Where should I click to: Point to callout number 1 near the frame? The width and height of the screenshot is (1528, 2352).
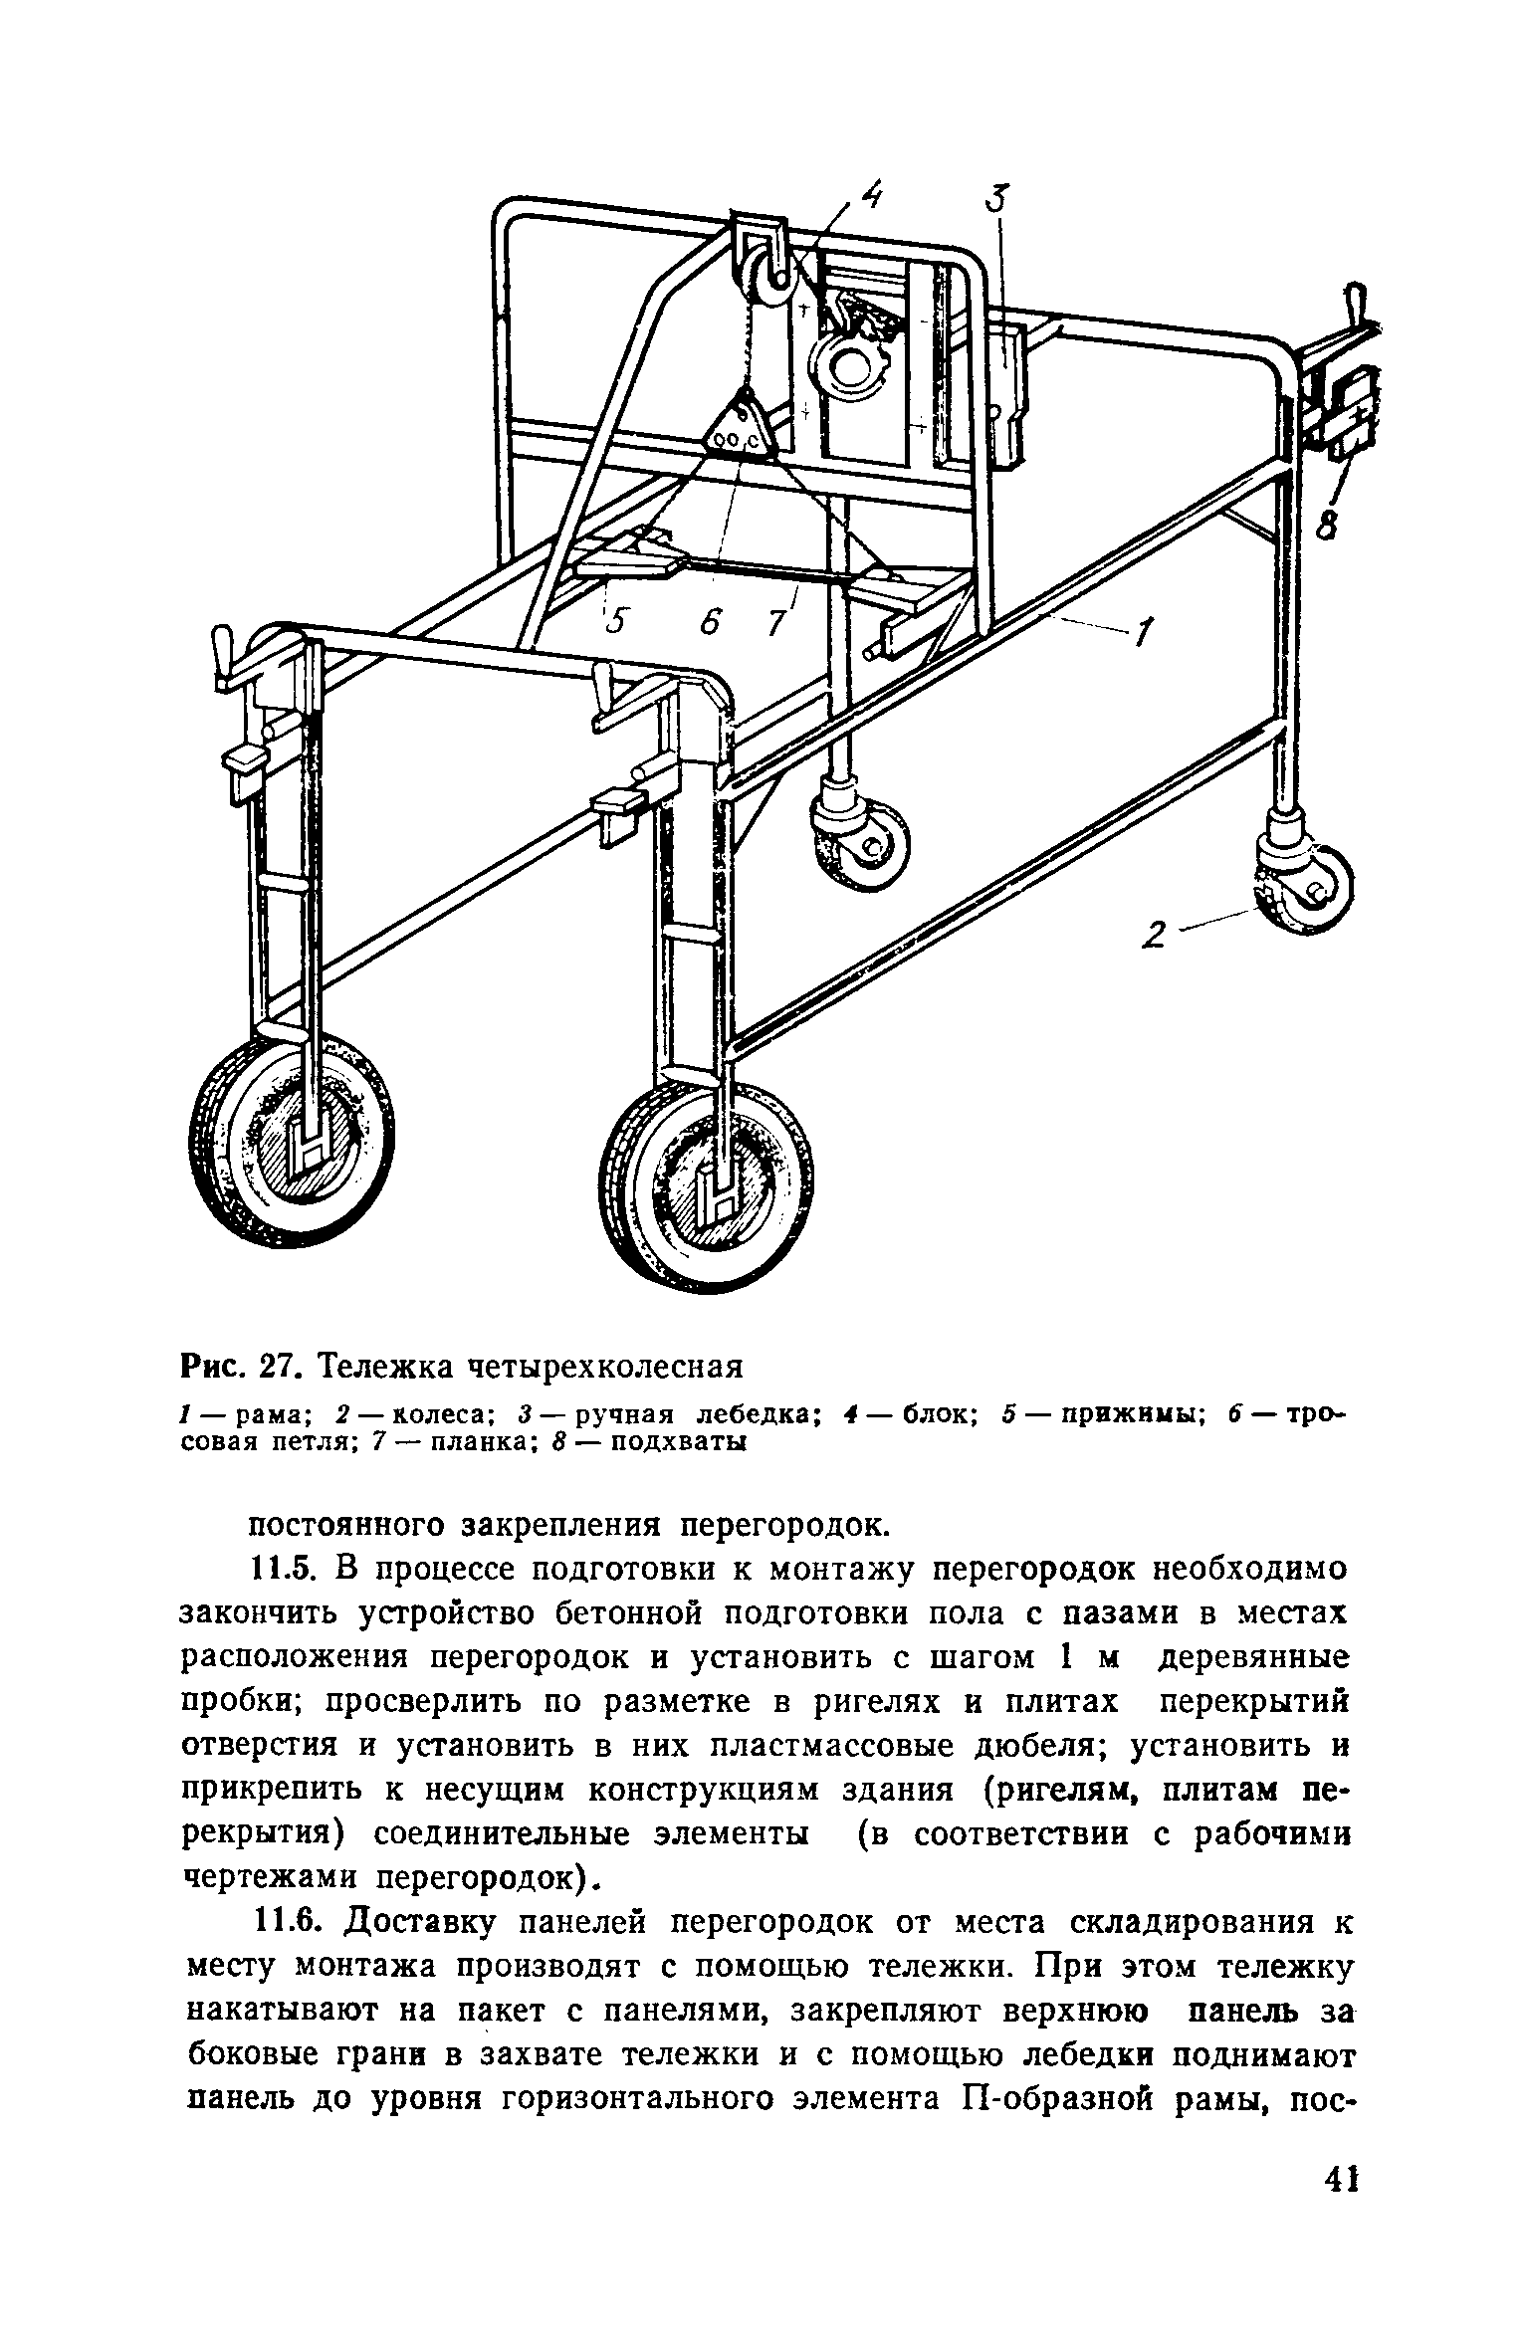(x=1144, y=630)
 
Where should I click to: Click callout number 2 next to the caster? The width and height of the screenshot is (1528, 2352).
(x=1155, y=935)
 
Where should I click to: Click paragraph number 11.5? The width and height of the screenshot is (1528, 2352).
(x=284, y=1570)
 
